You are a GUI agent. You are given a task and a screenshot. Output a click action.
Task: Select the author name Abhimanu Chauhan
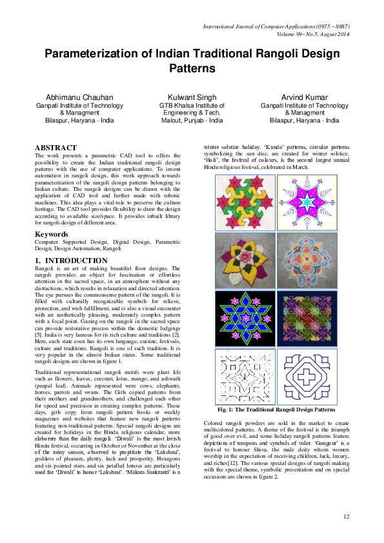[x=75, y=97]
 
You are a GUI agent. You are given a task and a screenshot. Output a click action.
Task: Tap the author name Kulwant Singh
[x=192, y=97]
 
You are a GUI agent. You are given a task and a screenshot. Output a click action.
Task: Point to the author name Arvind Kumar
[x=304, y=97]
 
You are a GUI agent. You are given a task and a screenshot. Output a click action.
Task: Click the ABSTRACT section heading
[x=56, y=148]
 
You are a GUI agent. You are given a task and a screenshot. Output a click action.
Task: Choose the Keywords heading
[x=52, y=233]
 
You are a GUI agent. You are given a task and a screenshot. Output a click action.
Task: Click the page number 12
[x=346, y=516]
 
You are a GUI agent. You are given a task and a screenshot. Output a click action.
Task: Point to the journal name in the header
[x=276, y=27]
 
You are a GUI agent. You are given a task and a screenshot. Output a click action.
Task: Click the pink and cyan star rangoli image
[x=307, y=202]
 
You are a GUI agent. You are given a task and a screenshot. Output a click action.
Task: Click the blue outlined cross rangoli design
[x=307, y=376]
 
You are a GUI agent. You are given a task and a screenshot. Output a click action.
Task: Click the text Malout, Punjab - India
[x=192, y=121]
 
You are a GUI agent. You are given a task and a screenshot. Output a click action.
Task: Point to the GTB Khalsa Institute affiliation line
[x=192, y=105]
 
